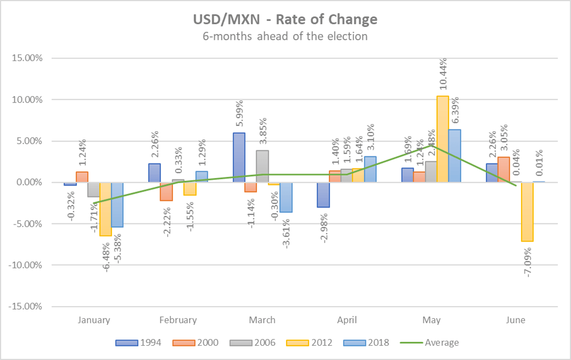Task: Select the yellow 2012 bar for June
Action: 527,211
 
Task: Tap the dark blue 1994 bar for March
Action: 239,157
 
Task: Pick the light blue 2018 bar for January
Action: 117,204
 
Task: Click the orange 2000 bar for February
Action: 166,192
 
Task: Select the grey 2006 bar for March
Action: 262,166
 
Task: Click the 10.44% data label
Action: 443,75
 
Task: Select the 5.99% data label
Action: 240,114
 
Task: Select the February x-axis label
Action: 178,320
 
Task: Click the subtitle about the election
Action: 285,37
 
